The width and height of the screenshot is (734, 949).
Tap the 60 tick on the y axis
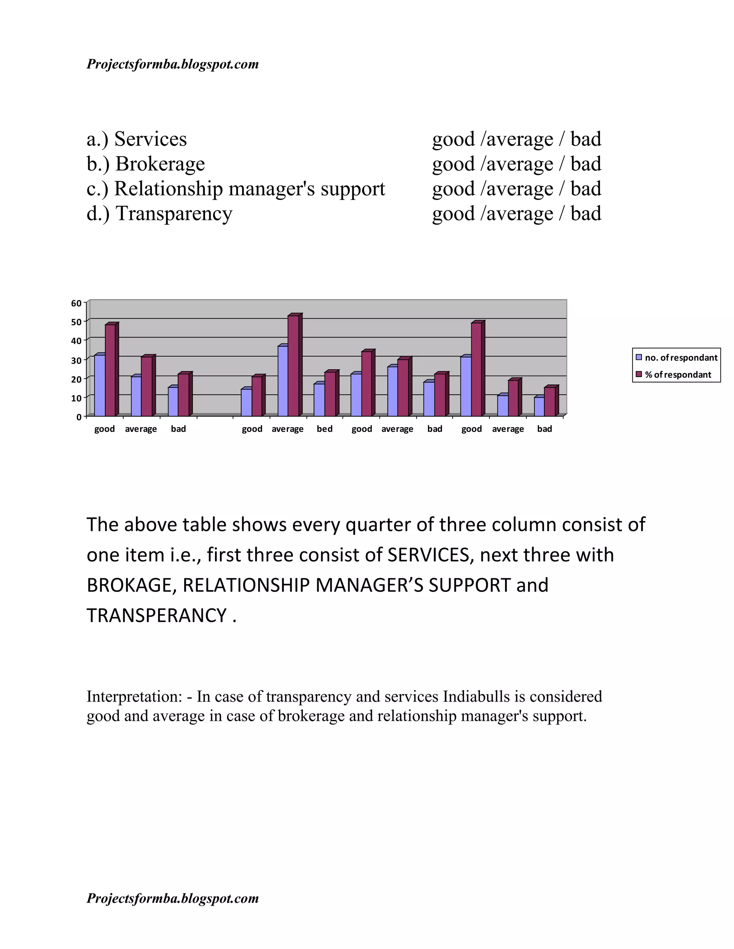(76, 303)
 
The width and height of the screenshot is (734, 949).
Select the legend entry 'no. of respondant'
(681, 358)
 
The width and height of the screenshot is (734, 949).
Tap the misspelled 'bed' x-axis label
(324, 429)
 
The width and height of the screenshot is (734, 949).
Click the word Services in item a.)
(151, 139)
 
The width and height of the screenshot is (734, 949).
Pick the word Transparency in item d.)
(174, 213)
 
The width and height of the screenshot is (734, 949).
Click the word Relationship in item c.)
(168, 189)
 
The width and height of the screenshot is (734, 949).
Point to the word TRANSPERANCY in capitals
(157, 615)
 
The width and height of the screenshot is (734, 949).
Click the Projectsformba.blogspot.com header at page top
(173, 64)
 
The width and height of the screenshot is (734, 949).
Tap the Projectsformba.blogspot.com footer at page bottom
(173, 898)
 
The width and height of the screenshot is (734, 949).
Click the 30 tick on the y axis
(76, 360)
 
